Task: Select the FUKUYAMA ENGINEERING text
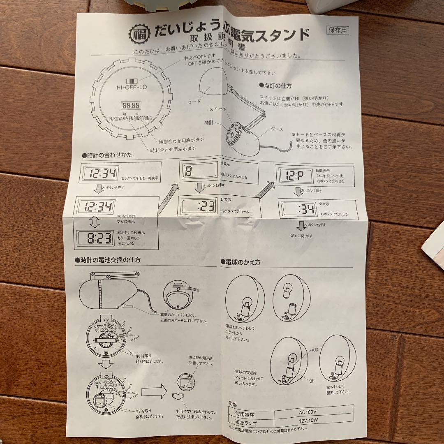130,118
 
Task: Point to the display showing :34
298,209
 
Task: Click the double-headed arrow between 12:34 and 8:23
95,222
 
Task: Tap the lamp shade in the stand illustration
210,84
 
